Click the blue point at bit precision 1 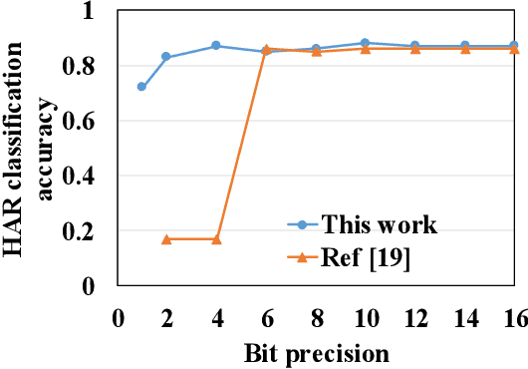click(141, 87)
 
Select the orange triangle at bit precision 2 click(166, 239)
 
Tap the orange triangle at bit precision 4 click(216, 239)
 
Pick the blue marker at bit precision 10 click(365, 43)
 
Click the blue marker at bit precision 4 click(216, 46)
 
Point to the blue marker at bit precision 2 click(166, 57)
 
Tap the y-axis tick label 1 click(100, 12)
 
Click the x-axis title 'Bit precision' click(315, 351)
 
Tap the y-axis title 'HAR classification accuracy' click(30, 150)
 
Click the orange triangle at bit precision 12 click(414, 48)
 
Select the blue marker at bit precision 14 click(464, 46)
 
